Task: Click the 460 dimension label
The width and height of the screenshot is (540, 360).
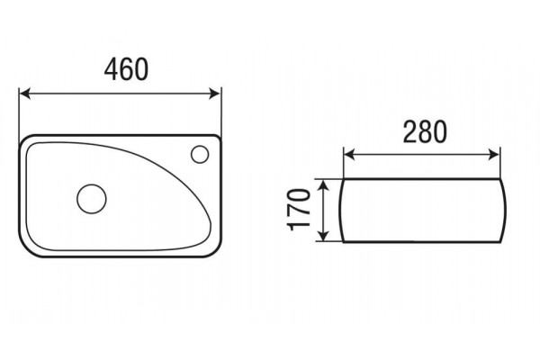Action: click(126, 69)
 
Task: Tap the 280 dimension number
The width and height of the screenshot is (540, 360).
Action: click(425, 131)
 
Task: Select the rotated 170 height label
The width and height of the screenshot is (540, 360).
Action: click(299, 210)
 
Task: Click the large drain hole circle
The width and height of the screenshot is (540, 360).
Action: click(92, 199)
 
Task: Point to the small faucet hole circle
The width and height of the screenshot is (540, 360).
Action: click(200, 154)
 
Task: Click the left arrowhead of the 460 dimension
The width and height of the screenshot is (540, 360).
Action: click(25, 94)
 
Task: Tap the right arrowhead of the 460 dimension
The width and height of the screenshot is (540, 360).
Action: click(214, 94)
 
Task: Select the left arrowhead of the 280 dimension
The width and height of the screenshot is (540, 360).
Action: click(349, 155)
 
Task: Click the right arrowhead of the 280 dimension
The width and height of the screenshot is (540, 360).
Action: click(494, 155)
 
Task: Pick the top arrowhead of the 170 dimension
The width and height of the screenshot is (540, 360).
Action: click(323, 185)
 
